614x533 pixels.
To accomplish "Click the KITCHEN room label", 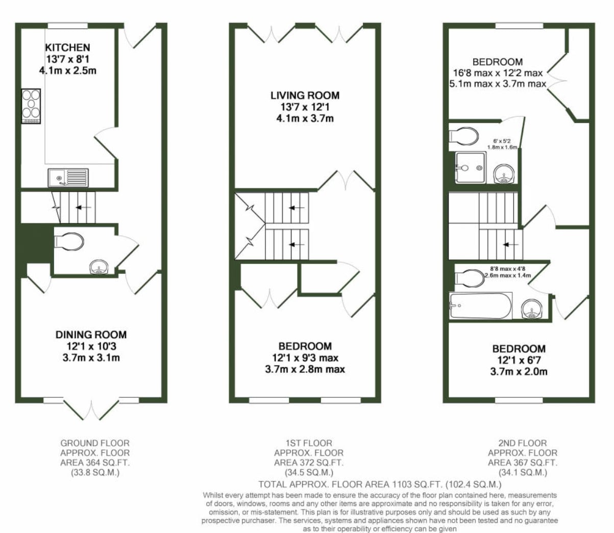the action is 67,47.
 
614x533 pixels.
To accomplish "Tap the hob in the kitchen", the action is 31,106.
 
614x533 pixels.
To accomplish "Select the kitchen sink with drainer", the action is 68,178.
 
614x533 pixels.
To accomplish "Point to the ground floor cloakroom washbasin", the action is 99,267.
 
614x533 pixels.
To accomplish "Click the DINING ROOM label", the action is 91,335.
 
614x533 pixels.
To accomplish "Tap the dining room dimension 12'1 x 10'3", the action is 91,346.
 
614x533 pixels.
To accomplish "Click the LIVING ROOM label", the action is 305,95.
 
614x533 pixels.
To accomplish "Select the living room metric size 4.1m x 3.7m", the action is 305,118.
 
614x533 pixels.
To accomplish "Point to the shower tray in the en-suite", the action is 470,168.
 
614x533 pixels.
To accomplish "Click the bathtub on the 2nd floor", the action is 480,306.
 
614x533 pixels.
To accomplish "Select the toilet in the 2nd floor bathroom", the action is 470,278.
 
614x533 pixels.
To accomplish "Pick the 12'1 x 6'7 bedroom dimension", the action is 518,360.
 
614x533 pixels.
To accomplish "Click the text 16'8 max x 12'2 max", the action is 498,73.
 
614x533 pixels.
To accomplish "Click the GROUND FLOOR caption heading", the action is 95,443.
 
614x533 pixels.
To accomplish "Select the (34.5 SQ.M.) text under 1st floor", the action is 309,473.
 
